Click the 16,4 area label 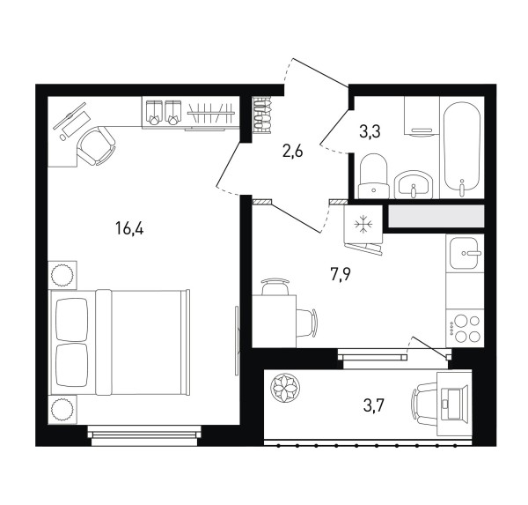pos(129,228)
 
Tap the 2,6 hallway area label pos(293,152)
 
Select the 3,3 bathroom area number pos(370,131)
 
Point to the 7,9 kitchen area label pos(341,275)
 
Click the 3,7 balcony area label pos(374,405)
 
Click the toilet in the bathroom pos(373,176)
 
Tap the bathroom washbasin pos(413,184)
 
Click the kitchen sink pos(465,253)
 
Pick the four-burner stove pos(465,328)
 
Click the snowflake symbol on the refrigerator pos(363,224)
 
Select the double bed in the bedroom pos(121,342)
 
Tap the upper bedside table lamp pos(62,275)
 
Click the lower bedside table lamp pos(62,409)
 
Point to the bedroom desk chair pos(97,146)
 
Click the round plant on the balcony pos(285,388)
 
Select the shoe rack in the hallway pos(261,115)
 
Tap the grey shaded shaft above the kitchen pos(436,216)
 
